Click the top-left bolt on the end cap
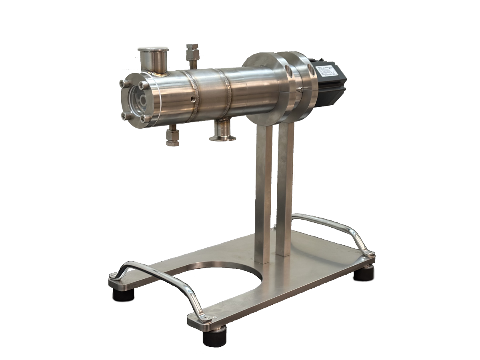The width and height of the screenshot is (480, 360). coord(122,83)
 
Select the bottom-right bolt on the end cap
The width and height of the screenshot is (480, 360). coord(145,119)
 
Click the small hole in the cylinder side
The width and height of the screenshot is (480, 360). coord(193,98)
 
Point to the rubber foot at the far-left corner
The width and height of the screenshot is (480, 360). coord(122,296)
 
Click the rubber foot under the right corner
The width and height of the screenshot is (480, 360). coord(363,275)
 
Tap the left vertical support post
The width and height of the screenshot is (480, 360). coord(263,192)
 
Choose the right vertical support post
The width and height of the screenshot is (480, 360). coord(285,188)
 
